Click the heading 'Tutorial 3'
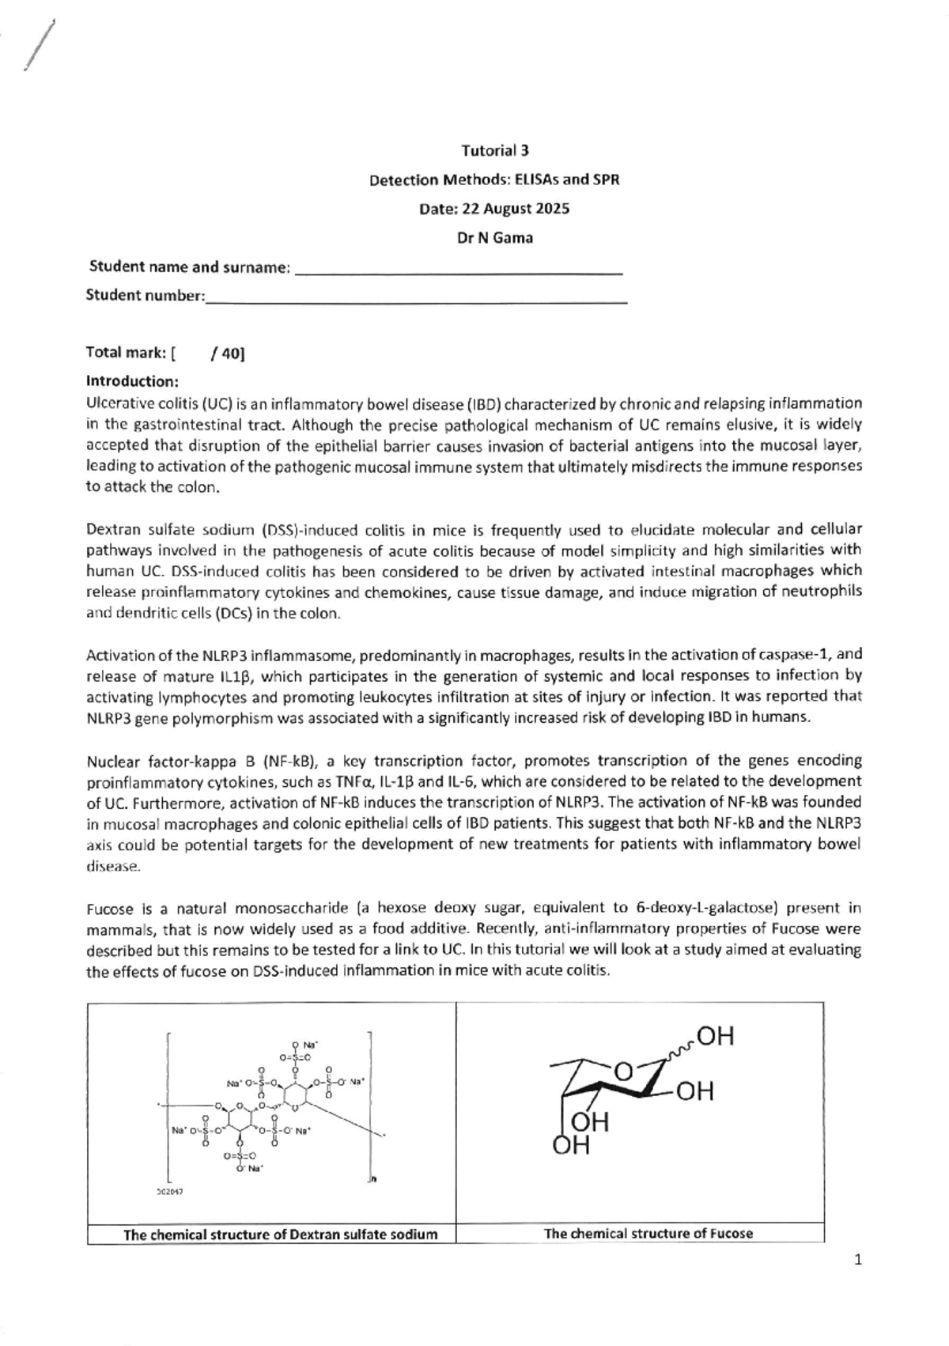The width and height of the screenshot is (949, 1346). pos(494,150)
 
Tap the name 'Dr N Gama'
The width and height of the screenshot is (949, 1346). pos(494,237)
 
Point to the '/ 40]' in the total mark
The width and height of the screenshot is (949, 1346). pos(228,354)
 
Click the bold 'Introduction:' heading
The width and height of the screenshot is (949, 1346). pos(132,381)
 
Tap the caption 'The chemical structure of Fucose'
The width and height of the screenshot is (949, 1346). pos(648,1233)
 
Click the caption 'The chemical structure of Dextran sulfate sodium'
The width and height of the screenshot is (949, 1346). pos(280,1234)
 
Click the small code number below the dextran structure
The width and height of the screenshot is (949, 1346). pos(171,1191)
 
